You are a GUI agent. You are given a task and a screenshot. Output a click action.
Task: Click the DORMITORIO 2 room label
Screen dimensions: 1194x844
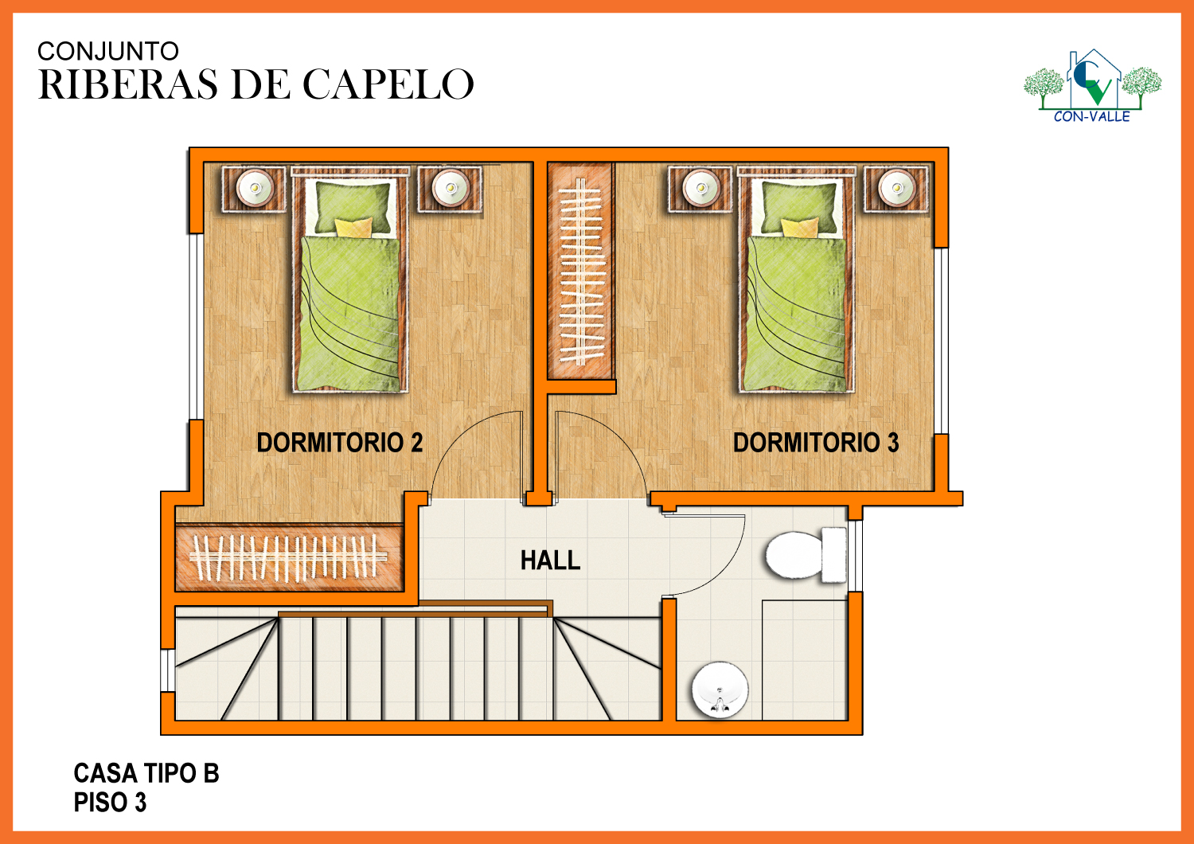click(x=340, y=443)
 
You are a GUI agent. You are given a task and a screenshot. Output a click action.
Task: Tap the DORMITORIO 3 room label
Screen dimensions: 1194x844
click(x=816, y=443)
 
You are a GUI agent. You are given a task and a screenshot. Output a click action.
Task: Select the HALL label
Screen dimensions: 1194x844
click(x=550, y=561)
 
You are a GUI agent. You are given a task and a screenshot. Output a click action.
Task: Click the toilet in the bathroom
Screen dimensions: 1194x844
click(x=806, y=554)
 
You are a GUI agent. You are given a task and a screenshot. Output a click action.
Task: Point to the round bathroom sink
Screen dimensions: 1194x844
click(x=720, y=690)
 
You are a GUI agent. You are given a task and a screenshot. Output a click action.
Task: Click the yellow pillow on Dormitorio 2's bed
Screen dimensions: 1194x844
click(x=353, y=227)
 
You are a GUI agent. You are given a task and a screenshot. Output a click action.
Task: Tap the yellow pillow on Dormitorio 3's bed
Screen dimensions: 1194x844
click(x=799, y=227)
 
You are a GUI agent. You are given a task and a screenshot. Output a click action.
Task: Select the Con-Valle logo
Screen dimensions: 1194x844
click(x=1093, y=86)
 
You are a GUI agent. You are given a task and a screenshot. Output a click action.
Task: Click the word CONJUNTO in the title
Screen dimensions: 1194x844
click(x=107, y=51)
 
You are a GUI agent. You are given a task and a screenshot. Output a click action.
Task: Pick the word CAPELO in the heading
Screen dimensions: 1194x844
click(x=388, y=84)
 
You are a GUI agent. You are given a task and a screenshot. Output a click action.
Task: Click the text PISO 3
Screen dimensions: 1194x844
click(x=110, y=803)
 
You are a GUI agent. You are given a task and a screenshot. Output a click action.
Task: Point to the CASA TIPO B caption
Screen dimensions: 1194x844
click(x=146, y=774)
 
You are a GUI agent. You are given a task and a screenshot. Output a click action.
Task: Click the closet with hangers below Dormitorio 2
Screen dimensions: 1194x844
click(x=289, y=558)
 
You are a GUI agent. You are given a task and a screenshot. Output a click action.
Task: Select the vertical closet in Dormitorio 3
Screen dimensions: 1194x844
click(x=580, y=271)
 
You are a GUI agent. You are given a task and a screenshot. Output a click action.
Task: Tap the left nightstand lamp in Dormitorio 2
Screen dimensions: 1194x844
click(x=255, y=188)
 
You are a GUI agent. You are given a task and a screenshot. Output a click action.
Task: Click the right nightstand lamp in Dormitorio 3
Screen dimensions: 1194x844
click(x=897, y=188)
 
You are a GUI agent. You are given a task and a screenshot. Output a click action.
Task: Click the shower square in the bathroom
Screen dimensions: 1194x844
click(x=805, y=660)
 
